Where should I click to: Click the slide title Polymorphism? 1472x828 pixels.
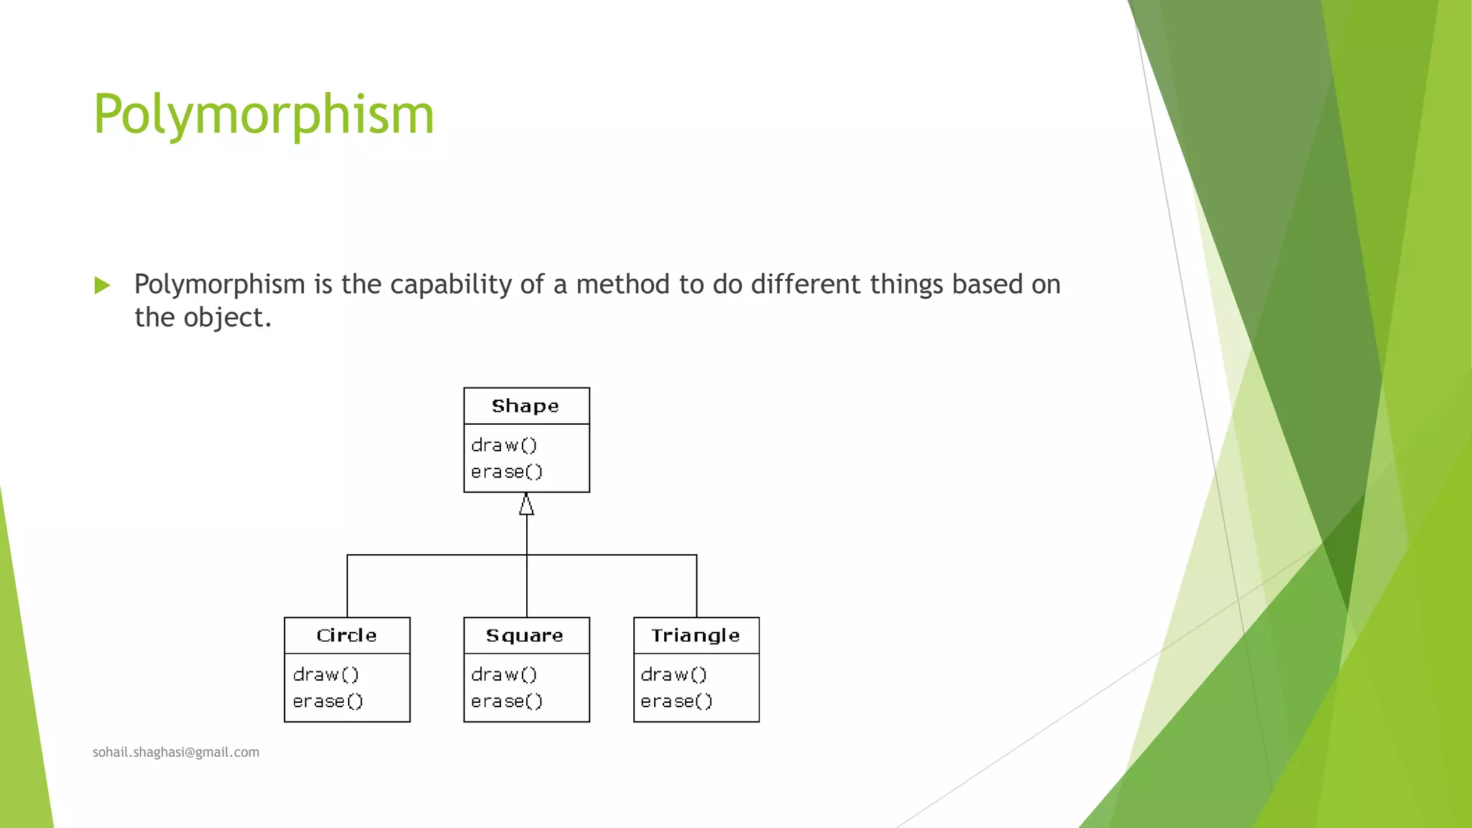[x=264, y=115]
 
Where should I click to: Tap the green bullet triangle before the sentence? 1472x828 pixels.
[x=102, y=286]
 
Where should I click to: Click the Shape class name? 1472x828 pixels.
[x=525, y=406]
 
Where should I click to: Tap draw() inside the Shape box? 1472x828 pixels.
[x=504, y=446]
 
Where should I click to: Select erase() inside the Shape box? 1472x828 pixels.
[x=507, y=472]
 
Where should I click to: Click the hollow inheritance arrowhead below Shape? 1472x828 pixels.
[x=527, y=505]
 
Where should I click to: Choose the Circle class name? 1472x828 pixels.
[x=346, y=635]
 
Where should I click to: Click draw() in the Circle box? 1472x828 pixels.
[x=326, y=675]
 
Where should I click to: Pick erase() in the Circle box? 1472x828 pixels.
[x=328, y=701]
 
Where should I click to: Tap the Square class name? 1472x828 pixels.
[x=525, y=635]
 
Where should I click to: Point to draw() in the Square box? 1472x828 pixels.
[x=504, y=675]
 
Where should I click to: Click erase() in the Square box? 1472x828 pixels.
[x=507, y=701]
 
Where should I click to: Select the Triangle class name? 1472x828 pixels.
[x=695, y=635]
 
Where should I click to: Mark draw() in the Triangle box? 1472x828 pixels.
[x=673, y=675]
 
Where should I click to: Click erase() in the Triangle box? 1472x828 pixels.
[x=676, y=701]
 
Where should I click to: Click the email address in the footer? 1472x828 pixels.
[x=176, y=753]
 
